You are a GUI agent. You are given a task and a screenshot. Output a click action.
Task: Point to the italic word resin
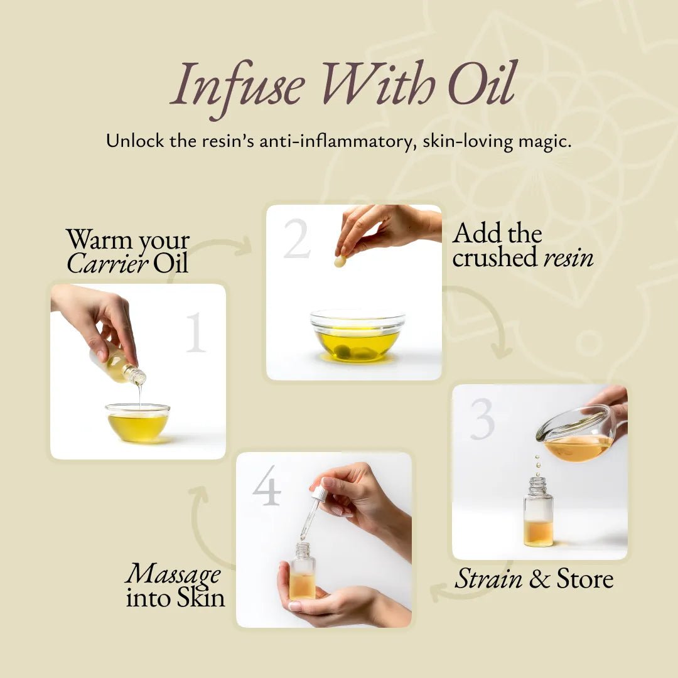click(x=568, y=257)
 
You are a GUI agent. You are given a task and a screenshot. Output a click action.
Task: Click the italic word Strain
click(x=488, y=579)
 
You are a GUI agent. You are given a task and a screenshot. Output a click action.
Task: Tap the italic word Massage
click(x=173, y=573)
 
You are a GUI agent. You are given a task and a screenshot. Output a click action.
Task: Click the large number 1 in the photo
click(x=195, y=332)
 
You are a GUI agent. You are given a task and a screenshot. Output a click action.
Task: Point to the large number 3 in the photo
click(x=482, y=419)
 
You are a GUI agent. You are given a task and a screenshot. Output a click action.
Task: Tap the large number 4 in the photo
click(x=267, y=486)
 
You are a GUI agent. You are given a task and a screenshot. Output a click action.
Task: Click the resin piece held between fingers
click(x=340, y=261)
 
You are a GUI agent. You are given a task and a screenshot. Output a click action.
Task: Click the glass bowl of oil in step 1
click(x=137, y=422)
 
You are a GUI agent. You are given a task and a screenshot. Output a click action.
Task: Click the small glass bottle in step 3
click(x=538, y=514)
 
